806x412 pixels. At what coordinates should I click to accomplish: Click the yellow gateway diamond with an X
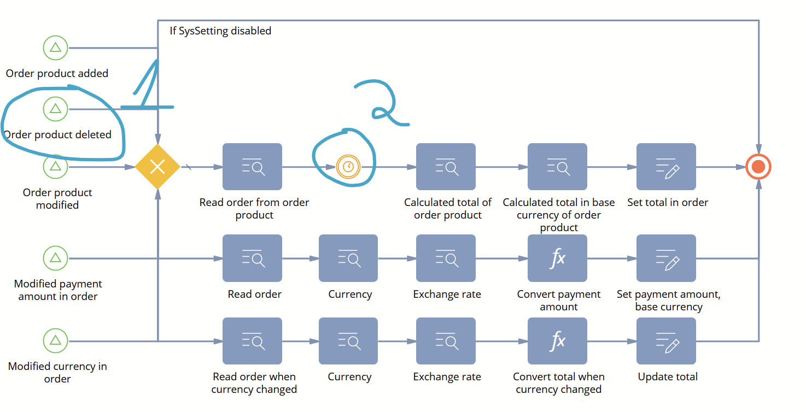point(157,167)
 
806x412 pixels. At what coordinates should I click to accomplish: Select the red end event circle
point(758,167)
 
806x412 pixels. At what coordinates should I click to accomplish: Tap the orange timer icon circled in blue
point(348,167)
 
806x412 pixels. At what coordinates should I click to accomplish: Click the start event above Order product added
point(55,48)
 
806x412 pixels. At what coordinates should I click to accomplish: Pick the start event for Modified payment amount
point(55,258)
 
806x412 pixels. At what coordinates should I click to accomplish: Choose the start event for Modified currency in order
point(55,340)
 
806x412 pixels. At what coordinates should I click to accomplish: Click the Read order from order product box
point(252,167)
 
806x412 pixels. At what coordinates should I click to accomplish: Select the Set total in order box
point(666,167)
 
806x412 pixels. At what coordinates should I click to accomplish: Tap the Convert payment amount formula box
point(557,258)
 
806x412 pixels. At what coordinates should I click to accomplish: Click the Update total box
point(666,340)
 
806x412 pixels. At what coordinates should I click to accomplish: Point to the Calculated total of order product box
point(446,167)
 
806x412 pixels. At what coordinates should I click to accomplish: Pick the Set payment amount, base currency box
point(666,258)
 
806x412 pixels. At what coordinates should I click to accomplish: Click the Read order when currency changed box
point(252,340)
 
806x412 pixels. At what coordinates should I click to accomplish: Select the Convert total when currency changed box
point(557,340)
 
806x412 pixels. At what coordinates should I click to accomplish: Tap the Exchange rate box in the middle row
point(446,258)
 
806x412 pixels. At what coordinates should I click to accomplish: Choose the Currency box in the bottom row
point(348,340)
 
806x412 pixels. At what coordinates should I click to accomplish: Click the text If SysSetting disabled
point(220,31)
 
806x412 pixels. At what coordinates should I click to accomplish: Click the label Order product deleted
point(57,134)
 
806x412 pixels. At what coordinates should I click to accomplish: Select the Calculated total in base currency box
point(557,167)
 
